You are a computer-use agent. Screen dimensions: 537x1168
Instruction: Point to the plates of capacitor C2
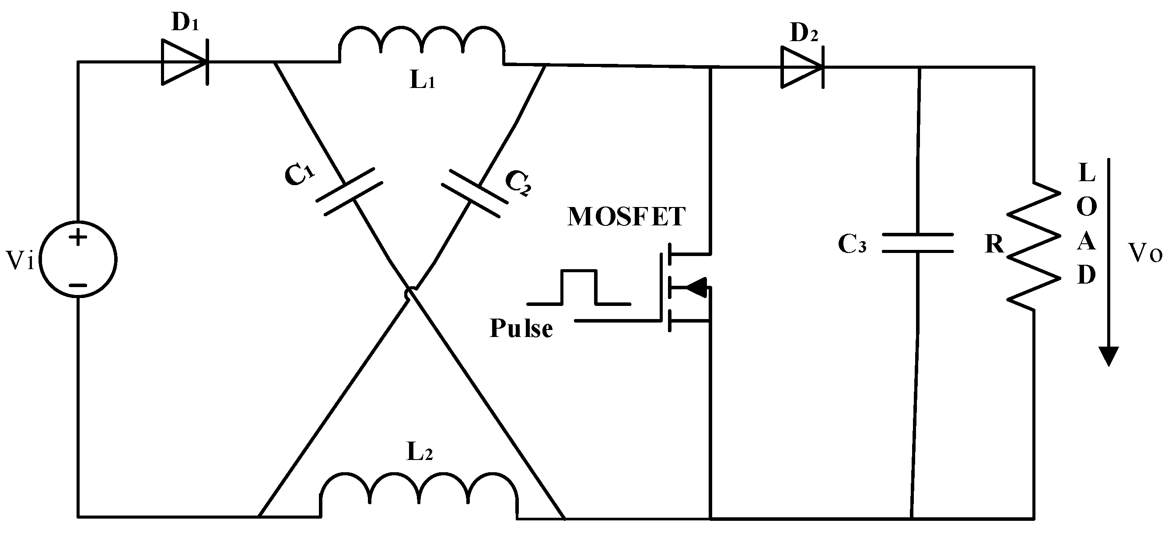(x=474, y=193)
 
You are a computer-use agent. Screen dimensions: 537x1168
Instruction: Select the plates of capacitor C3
(x=917, y=242)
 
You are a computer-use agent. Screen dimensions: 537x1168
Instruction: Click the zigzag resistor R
(x=1033, y=247)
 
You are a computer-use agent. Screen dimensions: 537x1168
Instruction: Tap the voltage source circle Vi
(x=78, y=260)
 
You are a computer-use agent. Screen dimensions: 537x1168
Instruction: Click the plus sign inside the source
(x=78, y=237)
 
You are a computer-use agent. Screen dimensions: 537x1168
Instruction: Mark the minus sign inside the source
(x=78, y=285)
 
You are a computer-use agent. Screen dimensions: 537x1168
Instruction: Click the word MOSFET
(x=626, y=217)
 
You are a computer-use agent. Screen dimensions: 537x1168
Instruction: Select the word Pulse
(x=521, y=329)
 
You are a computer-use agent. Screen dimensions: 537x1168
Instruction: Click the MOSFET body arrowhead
(x=696, y=287)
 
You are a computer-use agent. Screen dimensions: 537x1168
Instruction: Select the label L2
(x=420, y=451)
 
